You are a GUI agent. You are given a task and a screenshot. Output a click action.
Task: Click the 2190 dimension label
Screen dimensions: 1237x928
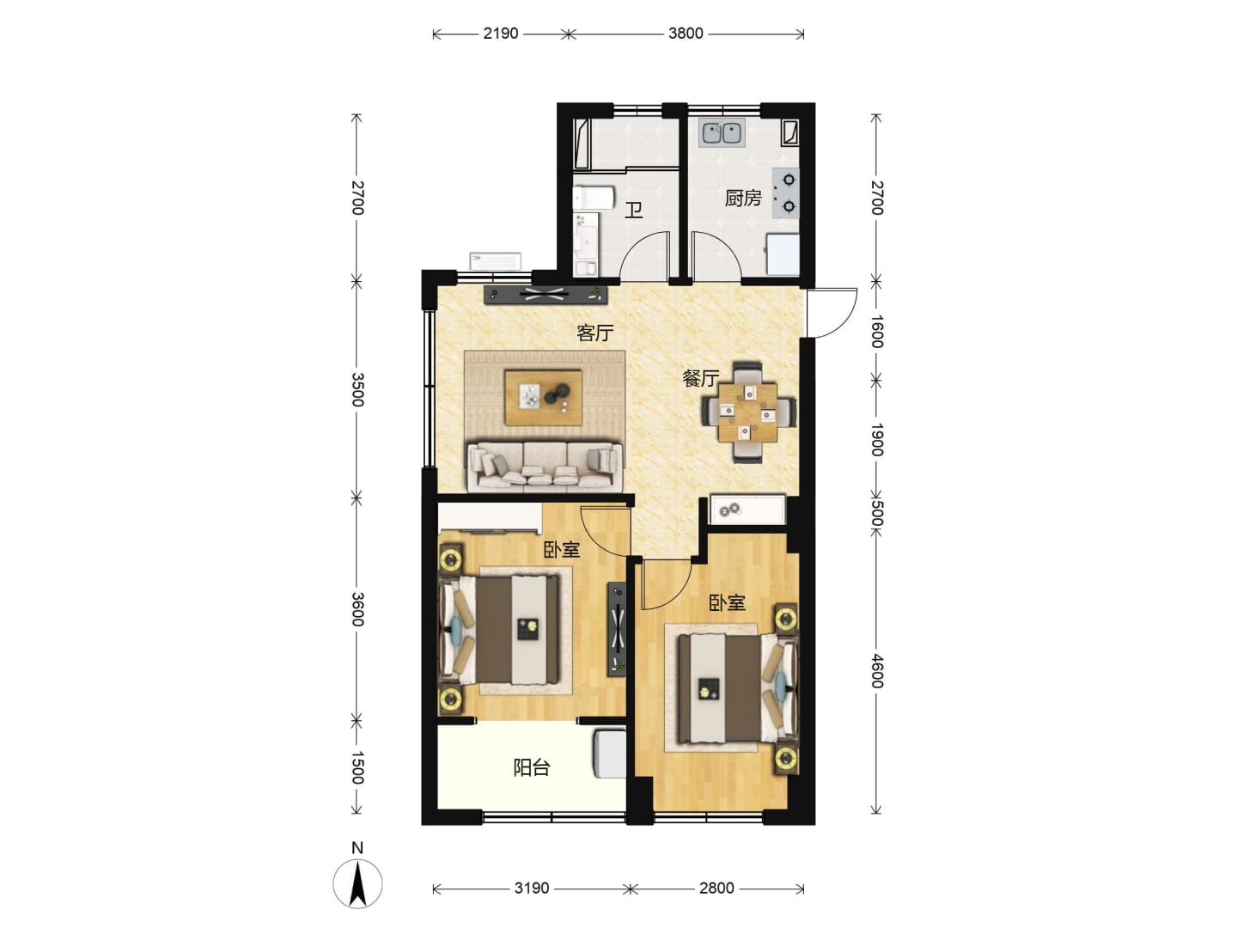(500, 34)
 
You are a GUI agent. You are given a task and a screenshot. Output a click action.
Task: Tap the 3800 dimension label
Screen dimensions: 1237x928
(686, 34)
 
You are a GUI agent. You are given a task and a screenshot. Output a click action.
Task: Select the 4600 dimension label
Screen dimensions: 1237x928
(876, 671)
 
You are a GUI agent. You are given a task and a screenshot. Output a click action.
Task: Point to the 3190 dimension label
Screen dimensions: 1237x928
(531, 888)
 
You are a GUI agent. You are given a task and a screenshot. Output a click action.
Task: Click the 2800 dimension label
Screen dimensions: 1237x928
(716, 888)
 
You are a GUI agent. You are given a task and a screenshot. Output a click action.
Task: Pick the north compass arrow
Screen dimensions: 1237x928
(357, 884)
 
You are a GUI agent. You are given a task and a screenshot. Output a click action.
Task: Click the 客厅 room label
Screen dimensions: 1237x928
(594, 333)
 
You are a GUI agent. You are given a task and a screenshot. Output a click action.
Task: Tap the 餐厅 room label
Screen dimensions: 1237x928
(700, 378)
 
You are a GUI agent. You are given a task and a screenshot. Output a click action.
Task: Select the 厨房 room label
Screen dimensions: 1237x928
(743, 198)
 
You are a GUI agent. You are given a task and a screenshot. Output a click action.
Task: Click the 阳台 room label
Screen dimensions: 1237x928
(532, 767)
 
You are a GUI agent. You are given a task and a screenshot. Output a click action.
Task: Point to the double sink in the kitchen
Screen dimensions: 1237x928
(722, 133)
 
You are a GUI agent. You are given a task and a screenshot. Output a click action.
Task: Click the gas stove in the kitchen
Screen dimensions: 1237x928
(786, 193)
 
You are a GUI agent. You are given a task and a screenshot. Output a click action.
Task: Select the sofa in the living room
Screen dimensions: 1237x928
(545, 466)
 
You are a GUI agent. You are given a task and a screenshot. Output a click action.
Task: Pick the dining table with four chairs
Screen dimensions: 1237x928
(749, 412)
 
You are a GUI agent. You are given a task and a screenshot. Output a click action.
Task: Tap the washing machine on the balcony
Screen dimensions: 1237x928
(609, 754)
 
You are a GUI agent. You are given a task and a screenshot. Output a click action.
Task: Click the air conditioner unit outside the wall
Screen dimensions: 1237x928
(495, 261)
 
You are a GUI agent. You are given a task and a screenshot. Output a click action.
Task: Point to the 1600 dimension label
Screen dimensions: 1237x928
(876, 332)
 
